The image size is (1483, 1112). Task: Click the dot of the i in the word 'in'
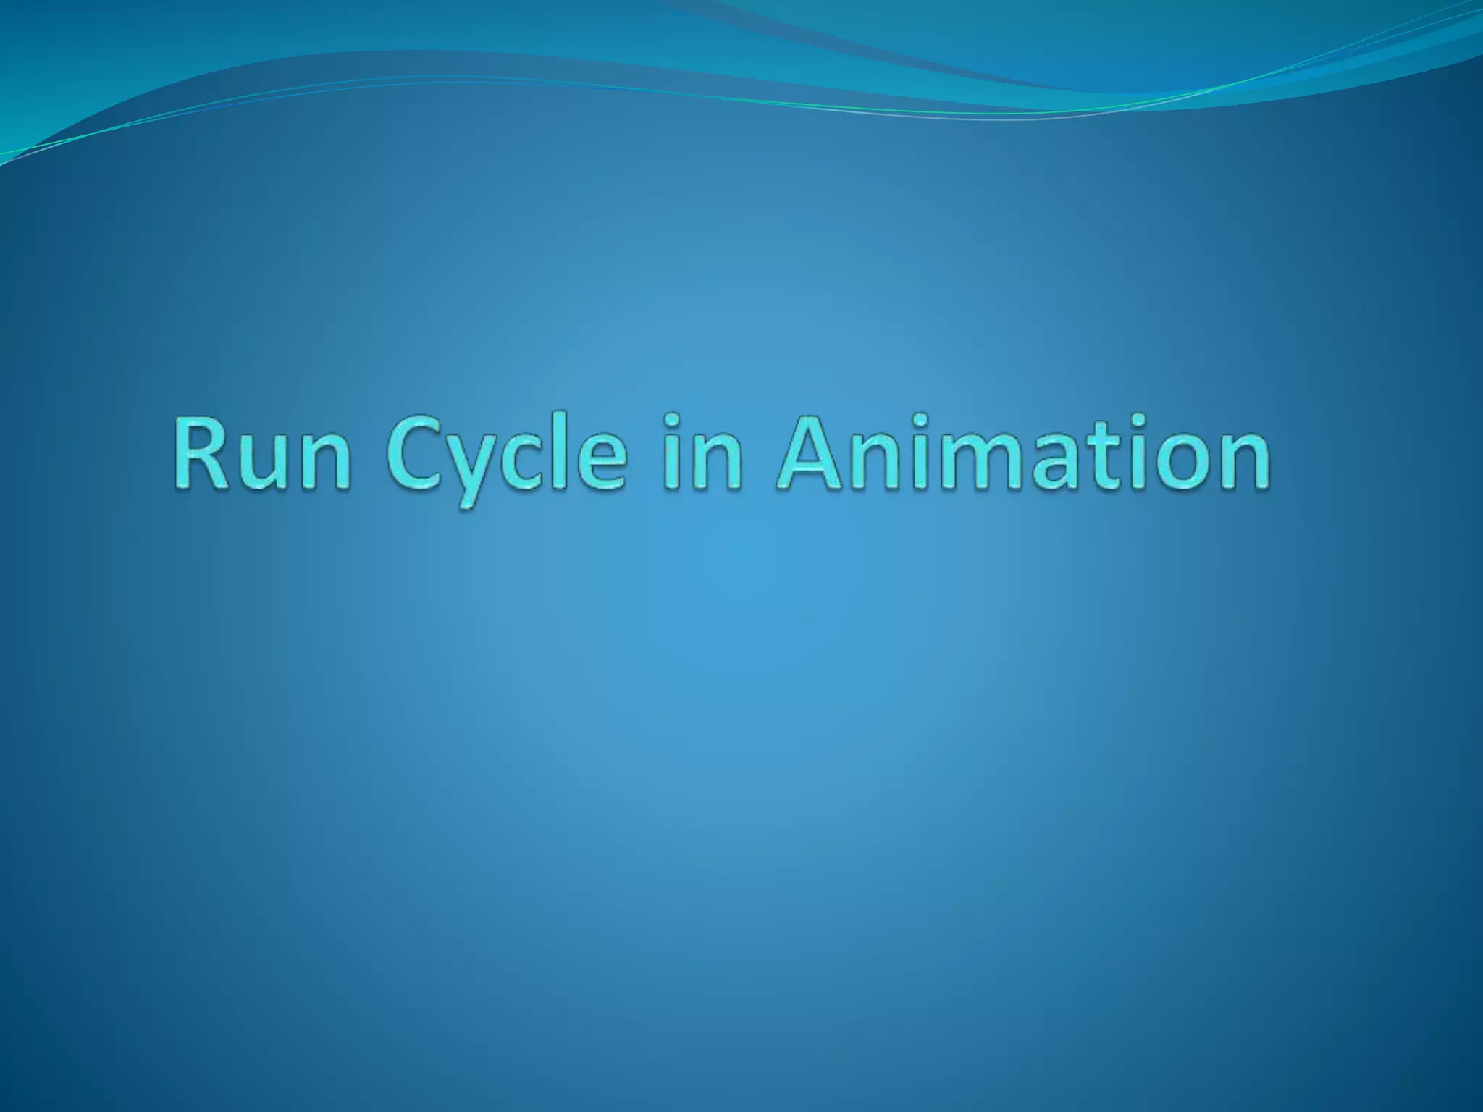[673, 421]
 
